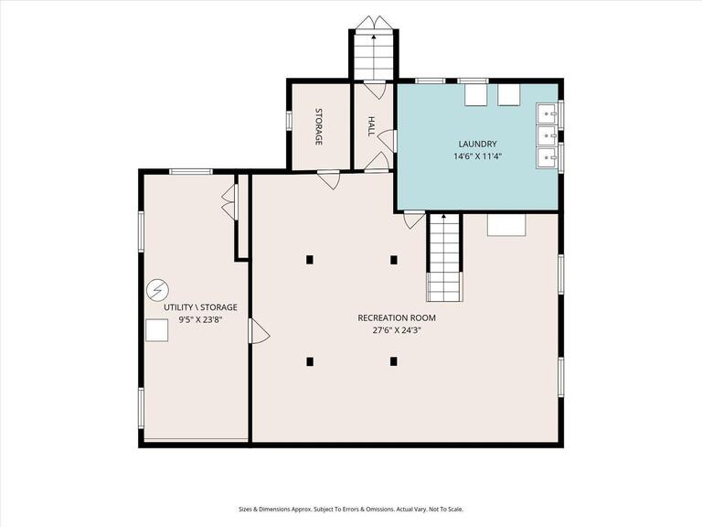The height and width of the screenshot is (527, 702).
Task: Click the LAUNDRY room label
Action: [477, 144]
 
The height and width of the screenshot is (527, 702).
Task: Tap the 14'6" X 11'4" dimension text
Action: [477, 156]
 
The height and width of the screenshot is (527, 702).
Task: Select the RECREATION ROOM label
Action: [397, 317]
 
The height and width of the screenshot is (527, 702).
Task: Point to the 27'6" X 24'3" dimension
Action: [397, 330]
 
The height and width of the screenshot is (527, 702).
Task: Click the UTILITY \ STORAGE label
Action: [200, 307]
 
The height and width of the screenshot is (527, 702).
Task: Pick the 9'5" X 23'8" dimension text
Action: [200, 320]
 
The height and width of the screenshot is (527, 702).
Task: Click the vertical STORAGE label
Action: [319, 126]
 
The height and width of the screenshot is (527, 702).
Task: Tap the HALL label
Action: [371, 126]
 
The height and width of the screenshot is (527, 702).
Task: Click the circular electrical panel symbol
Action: [157, 290]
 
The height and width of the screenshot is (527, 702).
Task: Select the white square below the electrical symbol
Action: [156, 330]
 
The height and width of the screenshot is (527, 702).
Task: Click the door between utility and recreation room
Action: [259, 330]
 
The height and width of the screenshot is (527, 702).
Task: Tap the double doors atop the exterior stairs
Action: [374, 23]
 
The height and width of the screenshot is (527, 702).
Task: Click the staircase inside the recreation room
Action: [443, 258]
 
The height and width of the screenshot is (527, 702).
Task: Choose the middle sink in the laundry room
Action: [547, 134]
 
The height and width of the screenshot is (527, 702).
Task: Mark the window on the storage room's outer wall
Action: [289, 120]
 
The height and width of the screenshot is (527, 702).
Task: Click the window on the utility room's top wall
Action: [191, 171]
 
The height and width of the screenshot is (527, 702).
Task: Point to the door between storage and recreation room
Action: [329, 179]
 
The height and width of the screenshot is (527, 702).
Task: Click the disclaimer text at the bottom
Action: [351, 509]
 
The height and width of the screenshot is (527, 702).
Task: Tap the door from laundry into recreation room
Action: [414, 220]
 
